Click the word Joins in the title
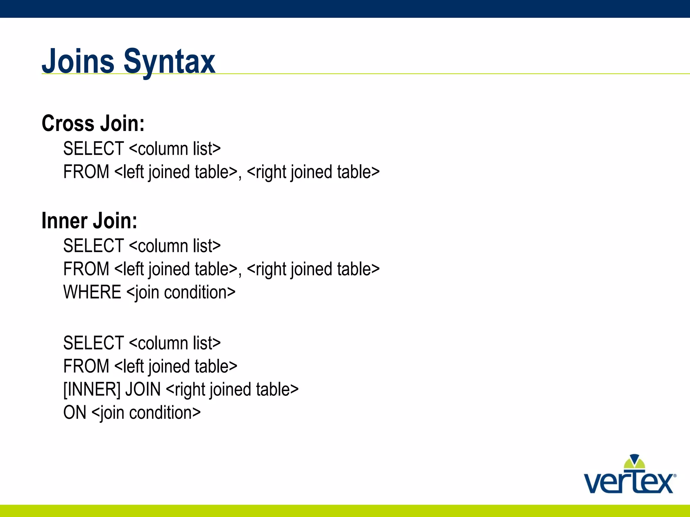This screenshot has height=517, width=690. [x=78, y=61]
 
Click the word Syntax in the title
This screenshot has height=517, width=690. [x=169, y=62]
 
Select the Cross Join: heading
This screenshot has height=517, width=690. [x=93, y=124]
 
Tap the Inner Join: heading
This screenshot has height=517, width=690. [x=89, y=221]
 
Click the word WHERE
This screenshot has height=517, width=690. [x=92, y=292]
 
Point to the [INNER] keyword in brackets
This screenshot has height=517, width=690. [x=92, y=389]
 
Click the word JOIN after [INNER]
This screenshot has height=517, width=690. [x=143, y=389]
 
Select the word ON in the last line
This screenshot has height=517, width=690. [x=75, y=413]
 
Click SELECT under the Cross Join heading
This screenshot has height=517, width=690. [x=93, y=149]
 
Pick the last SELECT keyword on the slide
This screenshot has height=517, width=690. [x=93, y=343]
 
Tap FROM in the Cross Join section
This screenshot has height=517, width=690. [x=86, y=172]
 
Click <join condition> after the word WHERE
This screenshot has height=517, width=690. [x=181, y=292]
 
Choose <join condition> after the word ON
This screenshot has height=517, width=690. [x=146, y=413]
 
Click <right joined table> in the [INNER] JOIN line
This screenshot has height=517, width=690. [x=232, y=390]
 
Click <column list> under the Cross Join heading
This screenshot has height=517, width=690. [x=175, y=149]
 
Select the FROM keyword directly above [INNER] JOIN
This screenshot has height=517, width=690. [x=86, y=366]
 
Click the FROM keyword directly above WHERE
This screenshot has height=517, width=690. [x=86, y=269]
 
